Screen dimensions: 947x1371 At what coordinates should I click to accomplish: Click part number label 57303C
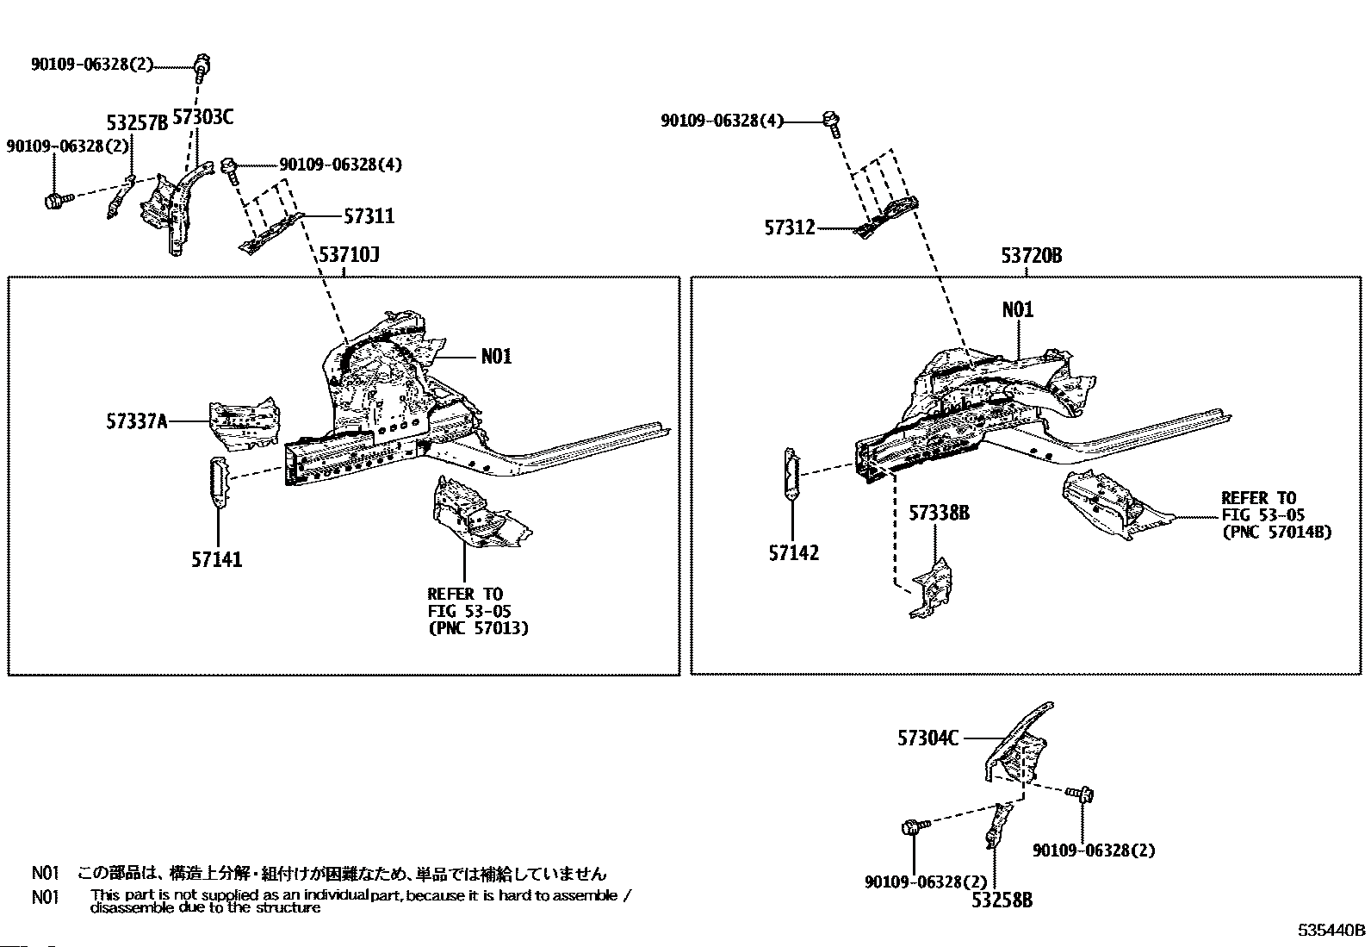(202, 116)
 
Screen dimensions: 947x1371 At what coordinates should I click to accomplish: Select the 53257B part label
(137, 123)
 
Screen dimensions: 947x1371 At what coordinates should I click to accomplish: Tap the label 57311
(369, 216)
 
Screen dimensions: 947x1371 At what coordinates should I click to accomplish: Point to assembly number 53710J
(349, 255)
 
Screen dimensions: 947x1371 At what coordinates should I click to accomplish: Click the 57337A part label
(136, 421)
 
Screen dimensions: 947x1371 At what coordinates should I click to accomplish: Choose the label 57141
(216, 560)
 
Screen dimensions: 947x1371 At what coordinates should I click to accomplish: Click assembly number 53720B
(1031, 256)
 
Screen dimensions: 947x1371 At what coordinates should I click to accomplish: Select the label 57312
(789, 228)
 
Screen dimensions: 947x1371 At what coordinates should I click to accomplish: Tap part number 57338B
(939, 514)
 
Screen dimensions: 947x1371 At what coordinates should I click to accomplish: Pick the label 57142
(793, 553)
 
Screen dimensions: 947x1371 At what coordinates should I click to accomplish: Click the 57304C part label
(927, 738)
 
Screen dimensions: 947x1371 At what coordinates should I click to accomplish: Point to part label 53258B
(1002, 900)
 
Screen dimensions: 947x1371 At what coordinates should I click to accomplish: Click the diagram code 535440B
(1332, 931)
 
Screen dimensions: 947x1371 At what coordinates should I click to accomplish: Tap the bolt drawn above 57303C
(202, 64)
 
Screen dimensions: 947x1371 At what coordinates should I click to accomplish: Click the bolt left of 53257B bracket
(55, 202)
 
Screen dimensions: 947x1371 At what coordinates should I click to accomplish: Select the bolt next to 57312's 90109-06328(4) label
(831, 121)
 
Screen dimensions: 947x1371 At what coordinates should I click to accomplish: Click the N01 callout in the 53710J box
(496, 356)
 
